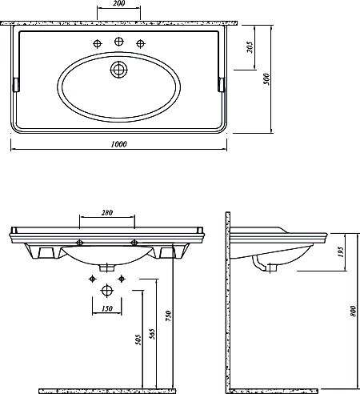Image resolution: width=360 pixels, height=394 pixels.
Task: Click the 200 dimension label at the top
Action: point(118,3)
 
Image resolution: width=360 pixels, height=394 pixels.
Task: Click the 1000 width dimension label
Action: point(118,144)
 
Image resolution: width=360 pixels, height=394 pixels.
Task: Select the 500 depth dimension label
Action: point(266,79)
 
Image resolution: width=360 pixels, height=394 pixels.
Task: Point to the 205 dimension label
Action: point(250,47)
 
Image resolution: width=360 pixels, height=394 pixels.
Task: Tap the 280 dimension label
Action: point(107,213)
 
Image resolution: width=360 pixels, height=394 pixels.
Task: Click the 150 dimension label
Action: point(107,308)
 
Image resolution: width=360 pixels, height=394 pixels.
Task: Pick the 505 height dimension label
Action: point(138,340)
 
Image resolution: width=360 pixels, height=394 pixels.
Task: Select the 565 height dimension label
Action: point(152,334)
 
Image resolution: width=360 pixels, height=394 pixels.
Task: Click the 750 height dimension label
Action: point(168,316)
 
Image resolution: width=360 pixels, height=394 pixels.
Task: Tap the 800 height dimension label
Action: point(353,312)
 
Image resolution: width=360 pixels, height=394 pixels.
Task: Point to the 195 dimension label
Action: point(341,252)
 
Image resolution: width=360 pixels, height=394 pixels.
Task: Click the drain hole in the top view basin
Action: point(118,70)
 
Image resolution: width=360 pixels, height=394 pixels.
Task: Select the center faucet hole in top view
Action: point(119,42)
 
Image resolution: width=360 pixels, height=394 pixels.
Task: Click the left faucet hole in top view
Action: point(98,43)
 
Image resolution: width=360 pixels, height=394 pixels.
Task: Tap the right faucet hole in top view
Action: point(141,43)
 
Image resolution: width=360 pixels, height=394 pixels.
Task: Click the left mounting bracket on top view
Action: point(16,85)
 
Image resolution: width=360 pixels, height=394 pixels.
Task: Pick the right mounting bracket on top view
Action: point(222,85)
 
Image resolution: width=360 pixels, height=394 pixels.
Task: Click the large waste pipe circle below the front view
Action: point(107,291)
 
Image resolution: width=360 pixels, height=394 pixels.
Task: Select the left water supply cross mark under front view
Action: point(92,279)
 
